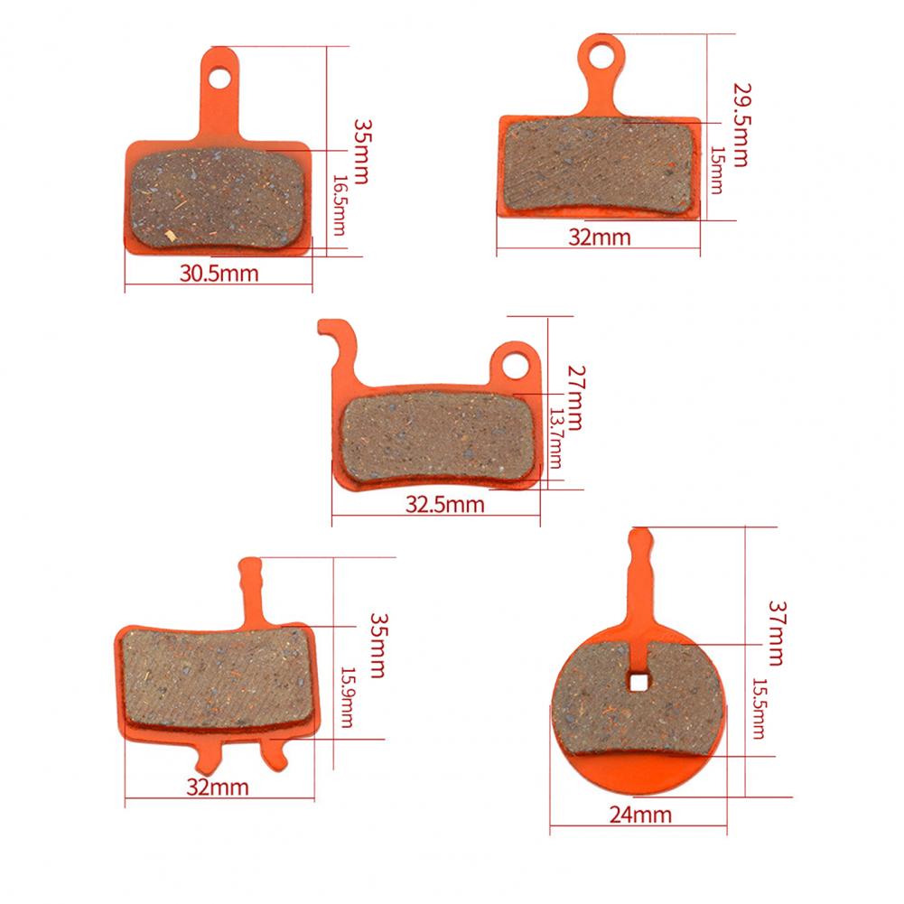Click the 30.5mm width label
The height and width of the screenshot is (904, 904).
coord(219,274)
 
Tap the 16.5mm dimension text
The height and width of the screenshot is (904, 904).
coord(340,205)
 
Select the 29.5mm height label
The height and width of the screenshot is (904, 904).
coord(741,126)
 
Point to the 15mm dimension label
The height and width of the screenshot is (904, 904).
coord(717,170)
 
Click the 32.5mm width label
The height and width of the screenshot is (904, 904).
coord(444,505)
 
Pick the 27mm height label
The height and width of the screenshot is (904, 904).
coord(575,397)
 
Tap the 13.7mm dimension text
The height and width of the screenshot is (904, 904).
coord(555,438)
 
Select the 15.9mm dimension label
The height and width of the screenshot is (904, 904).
coord(347,697)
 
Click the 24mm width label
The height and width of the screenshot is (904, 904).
coord(640,815)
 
